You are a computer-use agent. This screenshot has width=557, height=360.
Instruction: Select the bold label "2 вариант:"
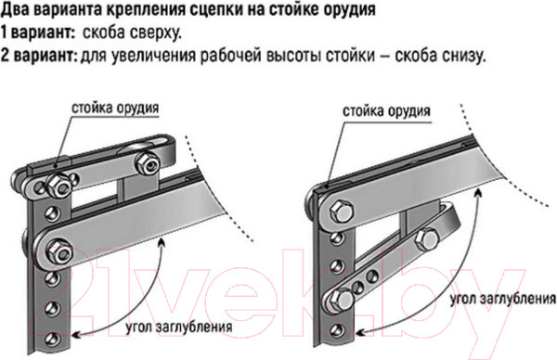click(39, 55)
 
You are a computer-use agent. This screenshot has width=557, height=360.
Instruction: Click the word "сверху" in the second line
click(155, 33)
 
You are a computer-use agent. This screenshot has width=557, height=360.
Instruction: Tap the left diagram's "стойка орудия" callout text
click(115, 108)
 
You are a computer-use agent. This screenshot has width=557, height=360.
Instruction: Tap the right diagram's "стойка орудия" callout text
click(386, 111)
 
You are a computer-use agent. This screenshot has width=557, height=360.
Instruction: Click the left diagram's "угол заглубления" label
click(179, 327)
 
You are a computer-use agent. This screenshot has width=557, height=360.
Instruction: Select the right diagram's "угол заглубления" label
click(503, 299)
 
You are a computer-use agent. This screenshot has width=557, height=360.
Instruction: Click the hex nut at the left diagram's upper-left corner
click(58, 185)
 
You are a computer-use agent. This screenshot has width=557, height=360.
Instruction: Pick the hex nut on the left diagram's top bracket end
click(147, 161)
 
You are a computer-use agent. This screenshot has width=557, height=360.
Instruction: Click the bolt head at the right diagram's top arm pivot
click(341, 211)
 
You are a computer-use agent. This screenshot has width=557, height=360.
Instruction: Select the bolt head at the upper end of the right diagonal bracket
click(426, 239)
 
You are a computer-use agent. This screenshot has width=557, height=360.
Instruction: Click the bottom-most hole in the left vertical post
click(53, 339)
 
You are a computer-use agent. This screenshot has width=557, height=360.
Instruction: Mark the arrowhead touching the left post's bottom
click(76, 334)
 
